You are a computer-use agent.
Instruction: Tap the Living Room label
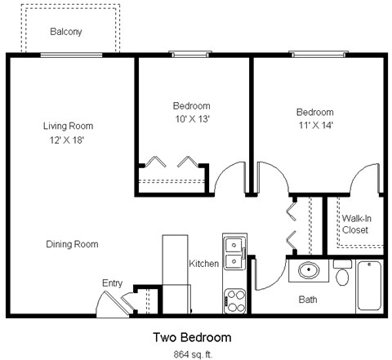(68, 127)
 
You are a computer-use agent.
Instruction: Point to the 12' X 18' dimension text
(68, 140)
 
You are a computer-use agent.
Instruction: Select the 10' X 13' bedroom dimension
(191, 119)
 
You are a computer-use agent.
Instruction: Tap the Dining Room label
(73, 244)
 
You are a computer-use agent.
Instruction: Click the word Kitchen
(203, 264)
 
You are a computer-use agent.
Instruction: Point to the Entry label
(112, 283)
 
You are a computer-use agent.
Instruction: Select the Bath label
(307, 300)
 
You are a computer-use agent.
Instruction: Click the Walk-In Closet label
(354, 224)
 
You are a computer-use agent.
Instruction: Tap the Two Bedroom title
(192, 337)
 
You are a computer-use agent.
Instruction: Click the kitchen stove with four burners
(235, 300)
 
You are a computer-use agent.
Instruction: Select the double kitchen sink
(234, 252)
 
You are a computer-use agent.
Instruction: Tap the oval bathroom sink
(310, 270)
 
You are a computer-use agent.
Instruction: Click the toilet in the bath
(342, 273)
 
